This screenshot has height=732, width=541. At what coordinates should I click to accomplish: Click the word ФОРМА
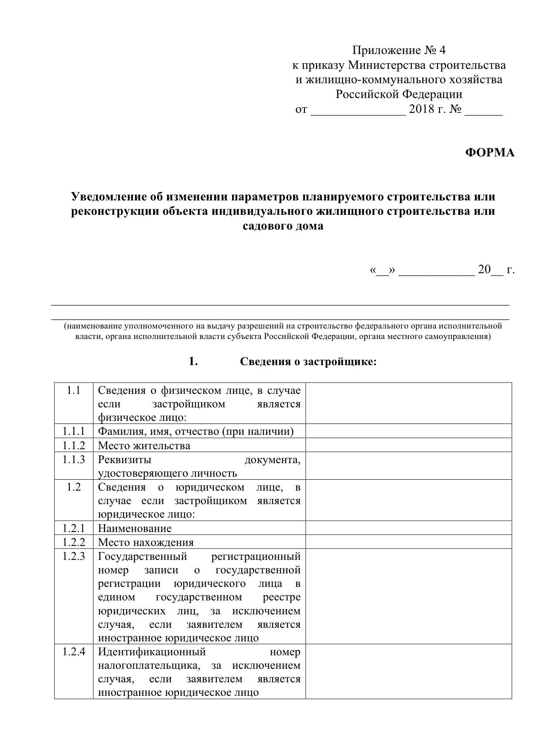(x=490, y=152)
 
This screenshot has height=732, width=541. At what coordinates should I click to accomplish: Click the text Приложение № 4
(x=399, y=51)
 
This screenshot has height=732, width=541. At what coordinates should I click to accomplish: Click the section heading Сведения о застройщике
(x=308, y=362)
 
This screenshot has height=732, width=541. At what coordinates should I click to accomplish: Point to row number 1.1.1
(x=73, y=431)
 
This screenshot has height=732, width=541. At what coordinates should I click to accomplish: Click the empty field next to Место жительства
(x=408, y=445)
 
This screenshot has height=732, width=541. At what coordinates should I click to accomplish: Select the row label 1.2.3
(x=73, y=556)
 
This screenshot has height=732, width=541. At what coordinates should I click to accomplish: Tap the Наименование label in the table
(x=135, y=529)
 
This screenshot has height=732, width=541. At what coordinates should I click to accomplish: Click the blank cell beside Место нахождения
(x=408, y=542)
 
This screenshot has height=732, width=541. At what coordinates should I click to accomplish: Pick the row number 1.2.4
(x=73, y=652)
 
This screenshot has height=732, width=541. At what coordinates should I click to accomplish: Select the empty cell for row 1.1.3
(x=408, y=466)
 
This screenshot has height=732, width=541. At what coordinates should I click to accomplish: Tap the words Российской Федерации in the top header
(x=398, y=95)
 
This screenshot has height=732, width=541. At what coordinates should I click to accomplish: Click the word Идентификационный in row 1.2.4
(x=152, y=652)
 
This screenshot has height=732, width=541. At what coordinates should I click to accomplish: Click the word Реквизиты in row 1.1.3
(x=125, y=460)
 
